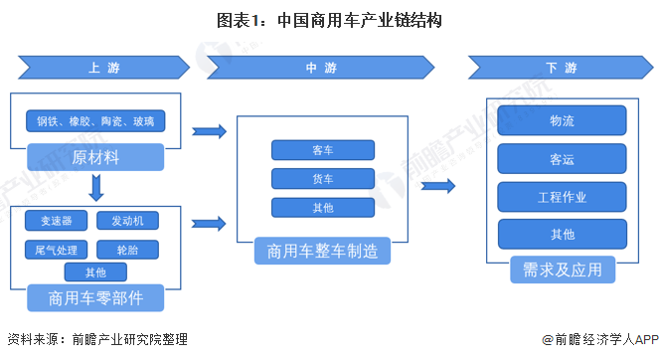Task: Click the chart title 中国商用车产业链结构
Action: pyautogui.click(x=329, y=19)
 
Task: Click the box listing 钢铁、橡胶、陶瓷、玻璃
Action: pyautogui.click(x=95, y=121)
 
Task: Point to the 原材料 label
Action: pyautogui.click(x=95, y=157)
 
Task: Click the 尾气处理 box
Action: pyautogui.click(x=56, y=248)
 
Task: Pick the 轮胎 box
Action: pyautogui.click(x=127, y=248)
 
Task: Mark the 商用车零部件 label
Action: pyautogui.click(x=95, y=297)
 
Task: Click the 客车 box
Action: pyautogui.click(x=322, y=150)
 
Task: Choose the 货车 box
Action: pyautogui.click(x=322, y=179)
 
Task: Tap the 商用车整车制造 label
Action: pyautogui.click(x=322, y=251)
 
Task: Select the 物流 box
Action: pyautogui.click(x=562, y=120)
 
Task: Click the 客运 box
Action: pyautogui.click(x=562, y=158)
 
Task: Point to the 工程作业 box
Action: pyautogui.click(x=562, y=196)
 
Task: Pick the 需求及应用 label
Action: pyautogui.click(x=562, y=270)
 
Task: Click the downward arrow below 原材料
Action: pyautogui.click(x=96, y=186)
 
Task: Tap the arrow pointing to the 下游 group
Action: pyautogui.click(x=438, y=186)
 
